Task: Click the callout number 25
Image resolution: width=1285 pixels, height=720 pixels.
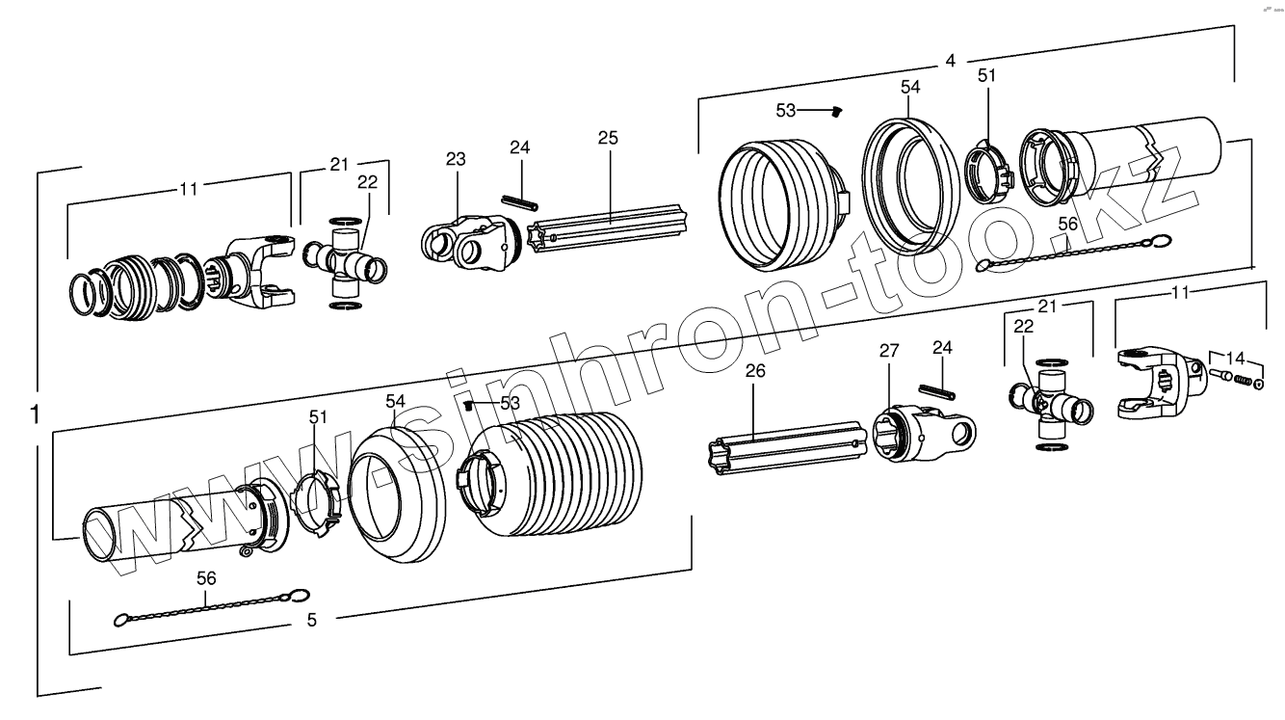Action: pos(607,138)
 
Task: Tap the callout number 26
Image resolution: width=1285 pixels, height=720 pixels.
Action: pos(756,370)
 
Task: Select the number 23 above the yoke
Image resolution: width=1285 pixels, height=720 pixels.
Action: pos(455,159)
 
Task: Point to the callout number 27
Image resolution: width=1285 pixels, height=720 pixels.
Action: pos(888,352)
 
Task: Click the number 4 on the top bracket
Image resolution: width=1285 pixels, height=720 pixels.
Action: pos(950,61)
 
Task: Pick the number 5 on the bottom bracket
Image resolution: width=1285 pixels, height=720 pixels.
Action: pos(311,620)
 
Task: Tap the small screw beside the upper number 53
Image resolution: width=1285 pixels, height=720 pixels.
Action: pos(836,112)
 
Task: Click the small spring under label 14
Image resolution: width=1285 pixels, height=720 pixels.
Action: pos(1244,383)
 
